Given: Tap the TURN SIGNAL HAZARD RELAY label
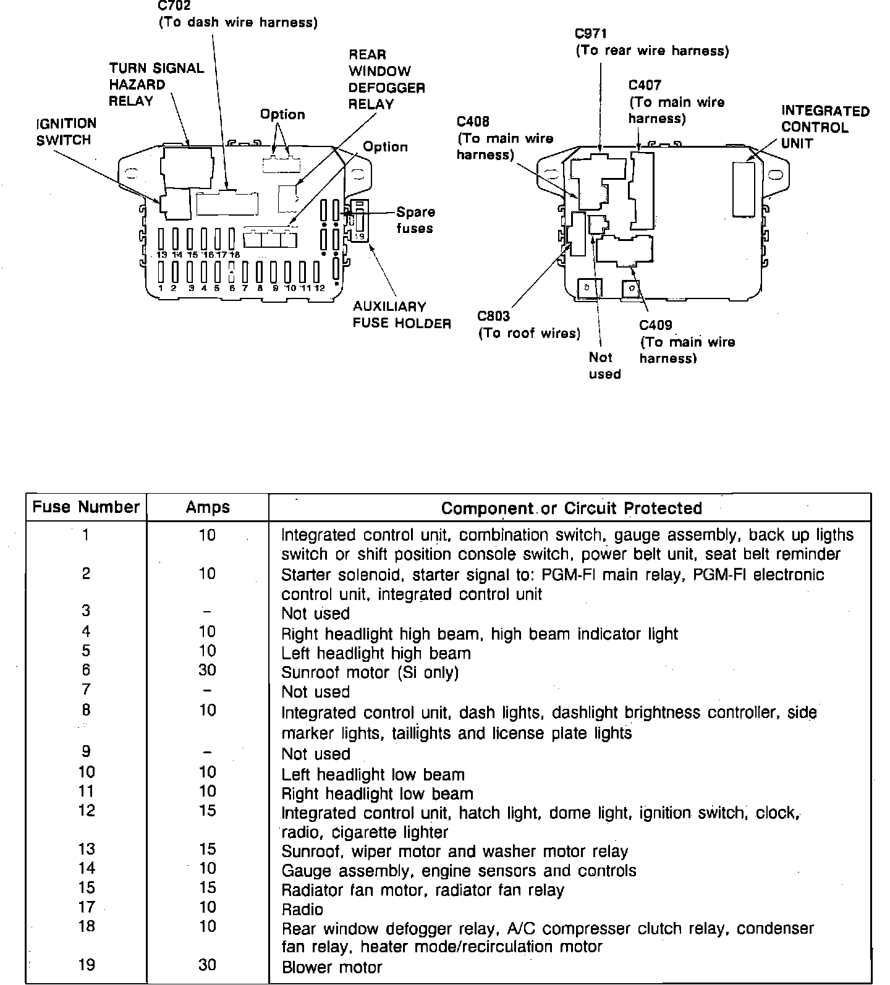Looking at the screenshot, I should pos(156,85).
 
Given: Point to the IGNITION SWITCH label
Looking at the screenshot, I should pos(66,132).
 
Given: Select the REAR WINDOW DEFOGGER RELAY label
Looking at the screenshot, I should pos(387,79).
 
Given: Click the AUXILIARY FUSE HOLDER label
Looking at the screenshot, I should pos(401,315).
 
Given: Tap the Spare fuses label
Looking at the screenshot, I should pos(415,220).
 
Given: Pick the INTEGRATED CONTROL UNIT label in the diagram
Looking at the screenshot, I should pos(824,127).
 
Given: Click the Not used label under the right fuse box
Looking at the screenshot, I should pos(604,365).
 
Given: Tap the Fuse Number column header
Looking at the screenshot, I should pos(86,507).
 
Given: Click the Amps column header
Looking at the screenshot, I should pos(208,507).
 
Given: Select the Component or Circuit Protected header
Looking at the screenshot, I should pos(571,508).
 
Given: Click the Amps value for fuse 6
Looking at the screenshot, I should pos(208,670).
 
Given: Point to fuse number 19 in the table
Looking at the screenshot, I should pos(87,965).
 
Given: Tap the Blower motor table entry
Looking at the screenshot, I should pos(332,967).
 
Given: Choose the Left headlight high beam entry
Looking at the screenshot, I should pos(376,653).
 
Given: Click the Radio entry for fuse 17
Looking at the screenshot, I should pos(302,909).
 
